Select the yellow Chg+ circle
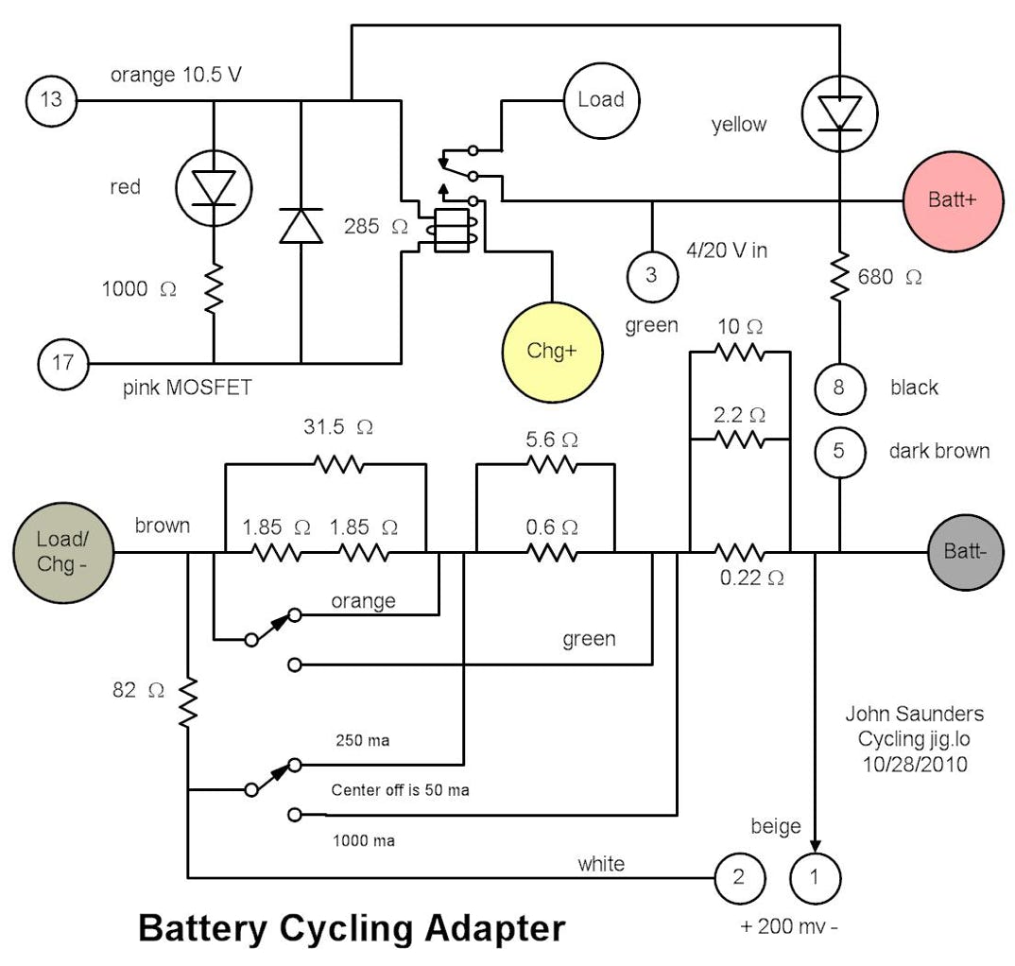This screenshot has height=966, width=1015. pos(551,352)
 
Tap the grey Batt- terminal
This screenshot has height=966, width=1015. pos(963,551)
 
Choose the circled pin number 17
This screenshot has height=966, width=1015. pos(62,362)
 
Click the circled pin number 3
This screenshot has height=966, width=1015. pos(651,275)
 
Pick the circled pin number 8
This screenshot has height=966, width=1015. pos(839,388)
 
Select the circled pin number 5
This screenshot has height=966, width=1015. pos(839,451)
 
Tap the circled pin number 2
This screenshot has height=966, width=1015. pos(739,877)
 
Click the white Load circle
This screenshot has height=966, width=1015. pos(600,99)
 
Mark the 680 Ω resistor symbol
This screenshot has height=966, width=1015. pos(839,277)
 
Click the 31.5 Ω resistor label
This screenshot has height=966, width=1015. pos(338,427)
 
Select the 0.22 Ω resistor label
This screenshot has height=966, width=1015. pos(751,578)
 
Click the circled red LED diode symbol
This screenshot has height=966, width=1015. pos(213,187)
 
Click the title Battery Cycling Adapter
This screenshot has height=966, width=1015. pos(351,927)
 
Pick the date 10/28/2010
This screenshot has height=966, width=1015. pos(914,764)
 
